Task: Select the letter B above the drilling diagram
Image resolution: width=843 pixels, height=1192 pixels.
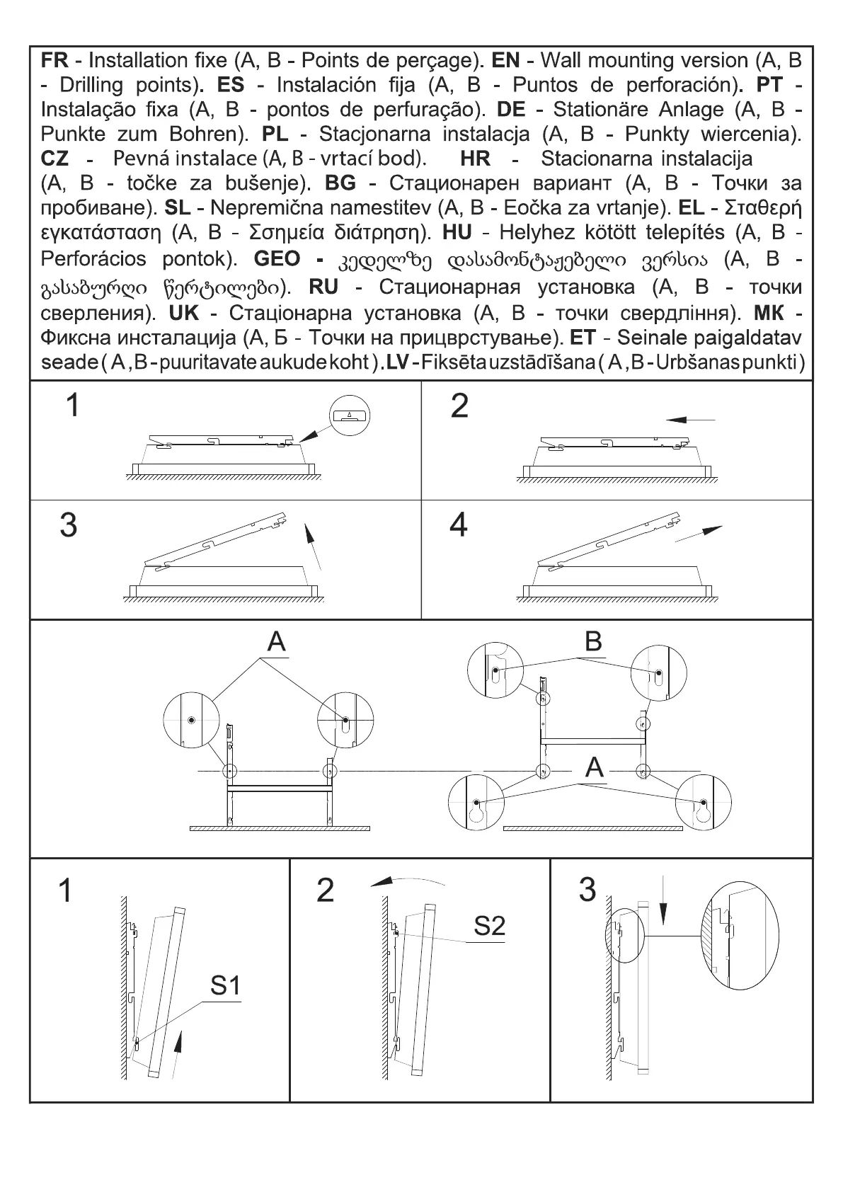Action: (x=593, y=641)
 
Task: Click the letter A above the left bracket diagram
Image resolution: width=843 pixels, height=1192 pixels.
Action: (x=276, y=641)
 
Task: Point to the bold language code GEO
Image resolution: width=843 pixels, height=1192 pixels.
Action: (x=277, y=259)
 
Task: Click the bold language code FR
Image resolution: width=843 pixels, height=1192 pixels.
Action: (x=55, y=60)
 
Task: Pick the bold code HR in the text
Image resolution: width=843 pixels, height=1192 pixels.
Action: (x=475, y=159)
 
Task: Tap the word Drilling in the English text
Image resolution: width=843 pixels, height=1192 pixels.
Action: (x=91, y=85)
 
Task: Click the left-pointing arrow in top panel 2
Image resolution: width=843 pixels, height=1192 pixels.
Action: (x=690, y=420)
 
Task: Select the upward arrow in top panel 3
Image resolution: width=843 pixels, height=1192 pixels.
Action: (x=313, y=546)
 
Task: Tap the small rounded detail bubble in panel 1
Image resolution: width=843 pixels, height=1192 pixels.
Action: (x=350, y=415)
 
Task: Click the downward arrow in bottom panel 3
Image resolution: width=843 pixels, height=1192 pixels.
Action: (x=663, y=901)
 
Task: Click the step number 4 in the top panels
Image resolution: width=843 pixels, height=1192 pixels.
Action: (x=459, y=525)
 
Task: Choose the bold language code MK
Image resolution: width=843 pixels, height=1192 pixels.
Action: (x=769, y=313)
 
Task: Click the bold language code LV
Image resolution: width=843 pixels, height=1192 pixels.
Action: (x=400, y=362)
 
